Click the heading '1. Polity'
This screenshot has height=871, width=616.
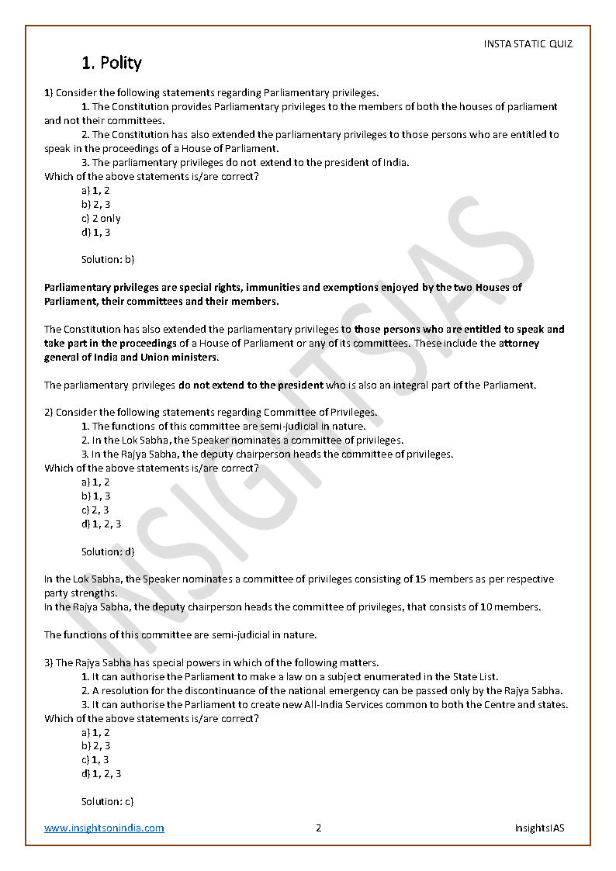(x=112, y=63)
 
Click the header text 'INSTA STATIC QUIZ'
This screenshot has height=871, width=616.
(x=528, y=44)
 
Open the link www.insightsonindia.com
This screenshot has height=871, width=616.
(x=104, y=828)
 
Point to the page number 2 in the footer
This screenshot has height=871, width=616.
(x=318, y=828)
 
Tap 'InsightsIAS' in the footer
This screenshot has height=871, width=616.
(x=539, y=828)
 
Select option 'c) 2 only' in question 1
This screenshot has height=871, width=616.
(x=101, y=219)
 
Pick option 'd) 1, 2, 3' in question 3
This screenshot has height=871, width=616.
(x=101, y=773)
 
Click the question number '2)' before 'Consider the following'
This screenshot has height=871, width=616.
(x=48, y=413)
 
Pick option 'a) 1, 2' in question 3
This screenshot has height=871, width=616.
(x=95, y=732)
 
